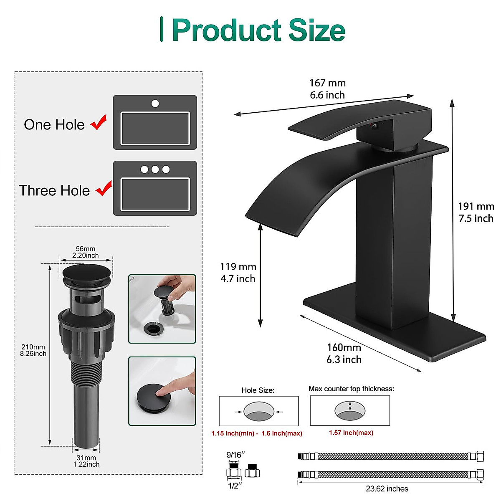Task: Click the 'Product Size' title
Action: tap(258, 30)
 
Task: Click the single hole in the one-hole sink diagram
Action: tap(155, 103)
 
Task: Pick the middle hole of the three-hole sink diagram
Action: tap(155, 170)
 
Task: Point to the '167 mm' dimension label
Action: tap(327, 83)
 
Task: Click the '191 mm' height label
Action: tap(476, 206)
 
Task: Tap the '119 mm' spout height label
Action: tap(238, 267)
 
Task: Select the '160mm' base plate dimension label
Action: tap(344, 348)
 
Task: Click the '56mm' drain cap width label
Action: tap(86, 249)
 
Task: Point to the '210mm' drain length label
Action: tap(33, 347)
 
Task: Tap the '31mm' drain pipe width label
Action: tap(86, 458)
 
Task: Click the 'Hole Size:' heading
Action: tap(258, 390)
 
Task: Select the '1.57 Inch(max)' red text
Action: tap(351, 433)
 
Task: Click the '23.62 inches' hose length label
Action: tap(387, 488)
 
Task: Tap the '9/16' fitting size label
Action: tap(235, 454)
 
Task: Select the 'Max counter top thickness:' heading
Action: tap(351, 389)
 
